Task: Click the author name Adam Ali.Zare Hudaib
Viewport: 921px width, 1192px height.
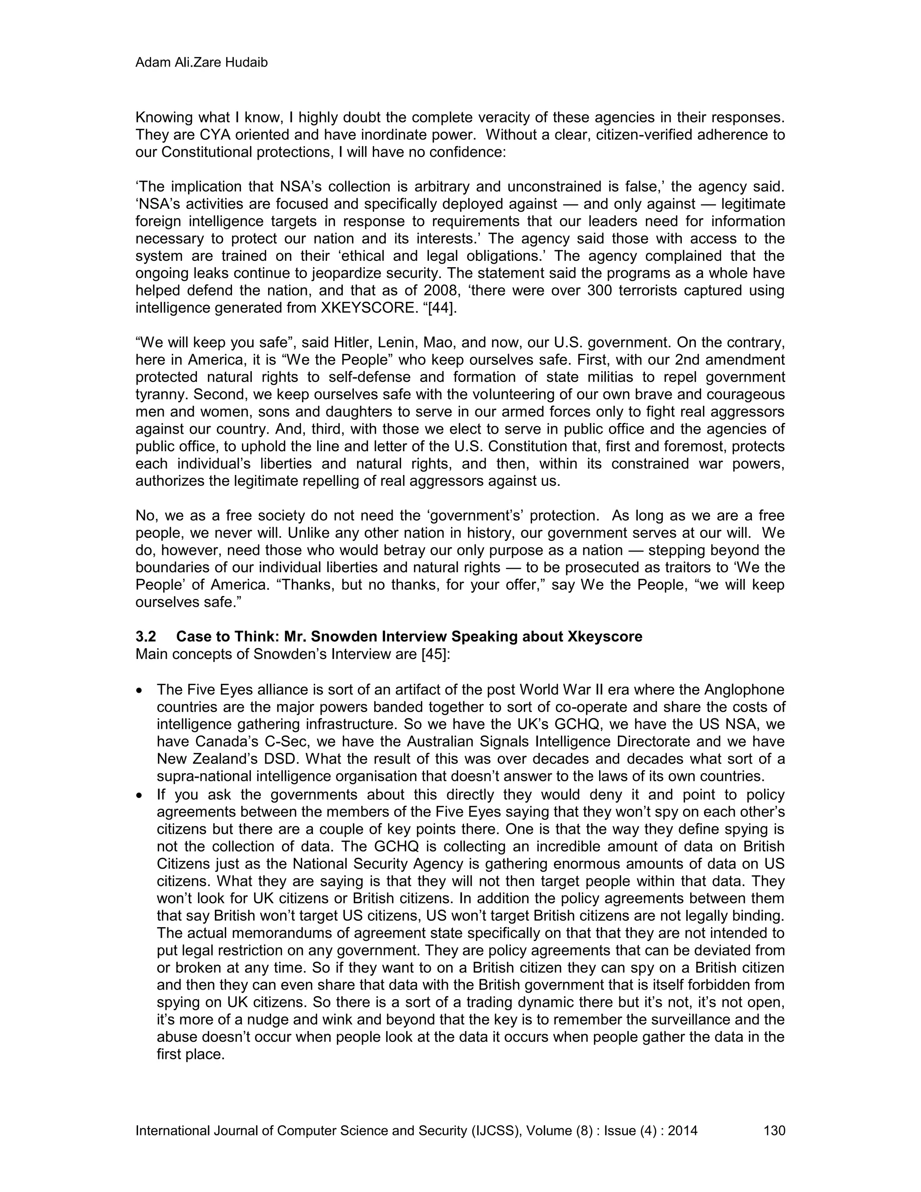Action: pyautogui.click(x=201, y=63)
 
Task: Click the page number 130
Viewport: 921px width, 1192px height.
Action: pyautogui.click(x=773, y=1130)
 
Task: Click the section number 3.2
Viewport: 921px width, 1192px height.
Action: pyautogui.click(x=146, y=636)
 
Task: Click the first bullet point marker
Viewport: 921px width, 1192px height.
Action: pyautogui.click(x=141, y=691)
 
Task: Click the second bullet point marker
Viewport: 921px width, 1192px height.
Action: pyautogui.click(x=141, y=795)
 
